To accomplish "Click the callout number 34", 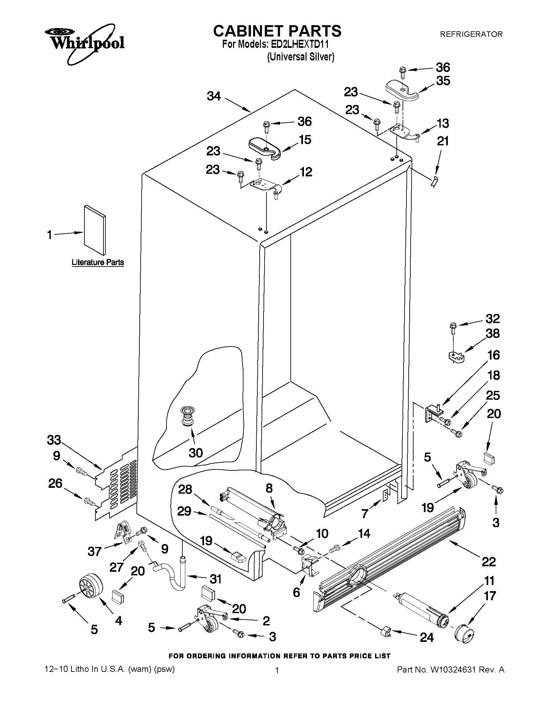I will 214,96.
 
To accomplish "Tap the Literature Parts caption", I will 98,262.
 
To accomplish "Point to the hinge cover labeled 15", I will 264,149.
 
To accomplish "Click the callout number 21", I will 443,141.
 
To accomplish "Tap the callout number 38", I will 492,333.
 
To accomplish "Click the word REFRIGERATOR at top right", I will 471,34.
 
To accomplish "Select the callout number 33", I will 54,440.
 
